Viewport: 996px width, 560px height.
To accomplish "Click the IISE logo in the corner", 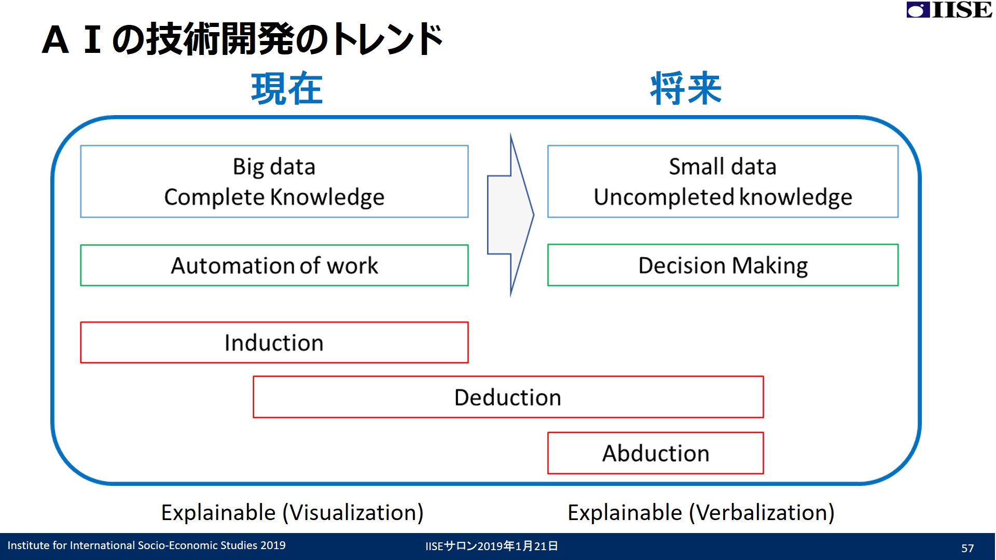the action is tap(949, 10).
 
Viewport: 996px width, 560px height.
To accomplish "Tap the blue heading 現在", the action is tap(287, 89).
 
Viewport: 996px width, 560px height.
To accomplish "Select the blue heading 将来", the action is tap(686, 89).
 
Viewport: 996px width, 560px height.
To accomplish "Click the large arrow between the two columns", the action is tap(510, 215).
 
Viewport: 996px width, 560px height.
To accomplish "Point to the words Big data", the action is tap(274, 167).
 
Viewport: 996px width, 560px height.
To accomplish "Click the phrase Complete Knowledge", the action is tap(274, 198).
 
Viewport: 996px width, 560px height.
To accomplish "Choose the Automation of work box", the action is tap(274, 265).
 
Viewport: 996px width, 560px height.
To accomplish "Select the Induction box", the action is tap(274, 342).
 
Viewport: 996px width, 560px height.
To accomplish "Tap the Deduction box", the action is tap(508, 397).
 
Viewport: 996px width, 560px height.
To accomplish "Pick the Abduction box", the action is tap(656, 453).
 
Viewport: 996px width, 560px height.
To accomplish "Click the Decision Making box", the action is tap(723, 265).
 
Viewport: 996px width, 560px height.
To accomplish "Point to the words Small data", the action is tap(723, 167).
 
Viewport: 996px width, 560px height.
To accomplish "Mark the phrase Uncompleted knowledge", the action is tap(723, 198).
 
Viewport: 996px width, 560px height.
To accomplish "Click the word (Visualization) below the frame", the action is tap(353, 513).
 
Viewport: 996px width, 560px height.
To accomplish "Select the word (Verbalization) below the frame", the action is tap(762, 513).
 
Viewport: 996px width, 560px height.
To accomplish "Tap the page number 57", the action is tap(967, 548).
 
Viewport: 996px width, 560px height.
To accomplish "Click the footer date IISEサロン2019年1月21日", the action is tap(492, 546).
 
